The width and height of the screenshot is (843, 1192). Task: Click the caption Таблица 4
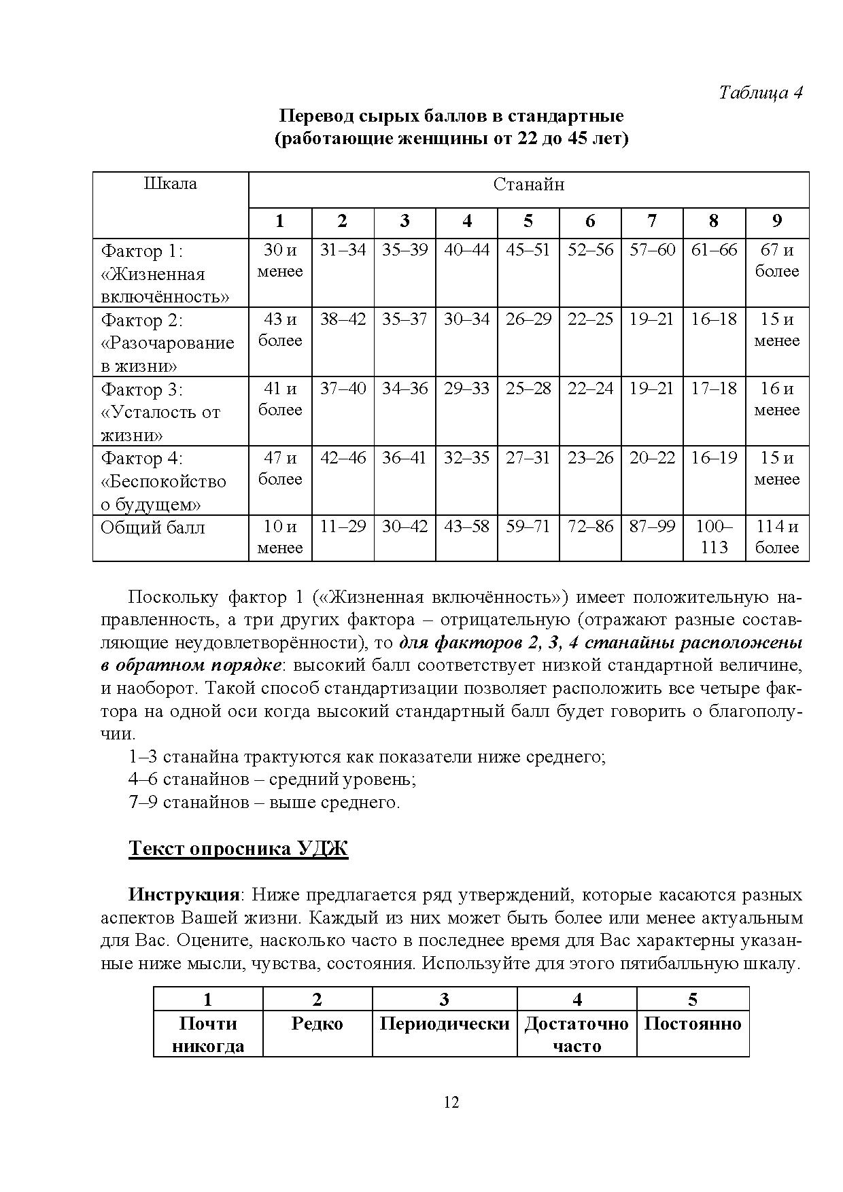pos(761,93)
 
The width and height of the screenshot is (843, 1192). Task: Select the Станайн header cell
pos(528,185)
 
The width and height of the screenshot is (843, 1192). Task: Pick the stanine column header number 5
pos(528,221)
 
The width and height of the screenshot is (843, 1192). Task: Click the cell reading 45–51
pos(528,250)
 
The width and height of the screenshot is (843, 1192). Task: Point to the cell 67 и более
pos(776,260)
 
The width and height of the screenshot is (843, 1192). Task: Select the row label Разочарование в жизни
pos(168,343)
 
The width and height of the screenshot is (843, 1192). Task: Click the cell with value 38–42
pos(343,319)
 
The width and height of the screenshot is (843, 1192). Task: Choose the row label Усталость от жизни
pos(161,412)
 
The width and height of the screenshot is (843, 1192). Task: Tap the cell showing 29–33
pos(466,389)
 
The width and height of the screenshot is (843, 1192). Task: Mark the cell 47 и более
pos(280,468)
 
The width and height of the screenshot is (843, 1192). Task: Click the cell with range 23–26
pos(590,458)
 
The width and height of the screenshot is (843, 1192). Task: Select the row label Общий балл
pos(153,528)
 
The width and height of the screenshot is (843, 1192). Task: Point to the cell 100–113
pos(714,537)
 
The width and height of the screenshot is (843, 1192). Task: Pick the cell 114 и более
pos(776,537)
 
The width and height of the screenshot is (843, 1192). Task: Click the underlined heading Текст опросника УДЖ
pos(238,849)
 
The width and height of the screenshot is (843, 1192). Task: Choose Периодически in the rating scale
pos(445,1024)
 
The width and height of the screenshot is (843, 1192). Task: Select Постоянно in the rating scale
pos(692,1024)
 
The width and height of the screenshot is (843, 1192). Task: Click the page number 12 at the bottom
pos(451,1103)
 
